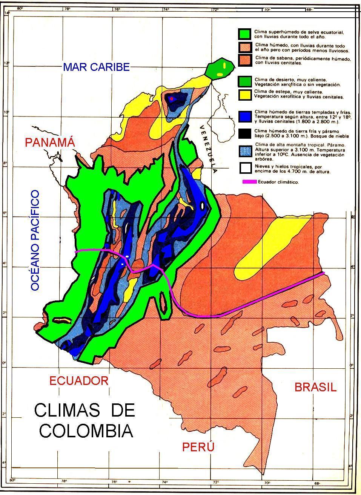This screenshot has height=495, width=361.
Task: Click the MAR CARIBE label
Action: (96, 67)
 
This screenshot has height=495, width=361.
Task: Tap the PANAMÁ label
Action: (50, 143)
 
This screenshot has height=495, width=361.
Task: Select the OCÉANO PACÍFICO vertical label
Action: (35, 240)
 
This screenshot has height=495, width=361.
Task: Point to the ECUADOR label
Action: (79, 380)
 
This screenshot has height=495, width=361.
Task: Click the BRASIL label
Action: (315, 387)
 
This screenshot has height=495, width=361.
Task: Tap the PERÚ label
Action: (198, 447)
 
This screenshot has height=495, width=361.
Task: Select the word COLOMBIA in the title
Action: (86, 431)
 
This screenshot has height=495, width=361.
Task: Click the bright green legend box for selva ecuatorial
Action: (245, 34)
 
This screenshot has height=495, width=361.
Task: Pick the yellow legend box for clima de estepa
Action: (245, 95)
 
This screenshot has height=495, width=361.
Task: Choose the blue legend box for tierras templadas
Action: (245, 116)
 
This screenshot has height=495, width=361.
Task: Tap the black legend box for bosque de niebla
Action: (245, 133)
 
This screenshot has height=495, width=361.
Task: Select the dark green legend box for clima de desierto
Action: (245, 81)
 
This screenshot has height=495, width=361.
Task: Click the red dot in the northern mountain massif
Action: (171, 99)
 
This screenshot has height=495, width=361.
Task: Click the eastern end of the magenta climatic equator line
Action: (323, 273)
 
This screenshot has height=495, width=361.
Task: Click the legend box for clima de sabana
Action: (245, 60)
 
